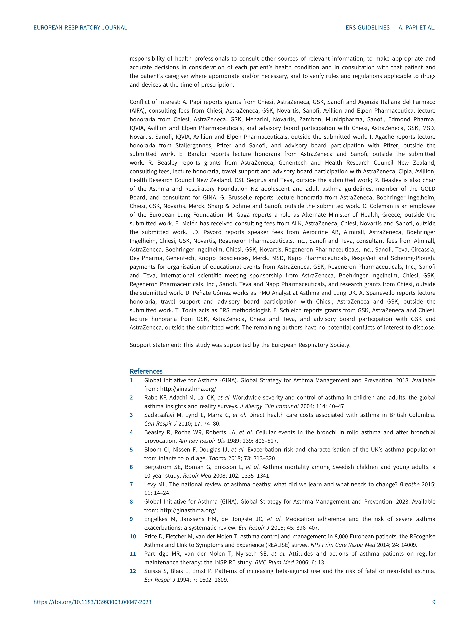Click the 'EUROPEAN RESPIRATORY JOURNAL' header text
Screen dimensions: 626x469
[80, 28]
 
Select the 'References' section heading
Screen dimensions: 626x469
[146, 371]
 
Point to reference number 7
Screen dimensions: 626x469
[131, 484]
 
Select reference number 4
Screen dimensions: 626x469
[131, 432]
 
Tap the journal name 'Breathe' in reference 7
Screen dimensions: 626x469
[409, 484]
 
